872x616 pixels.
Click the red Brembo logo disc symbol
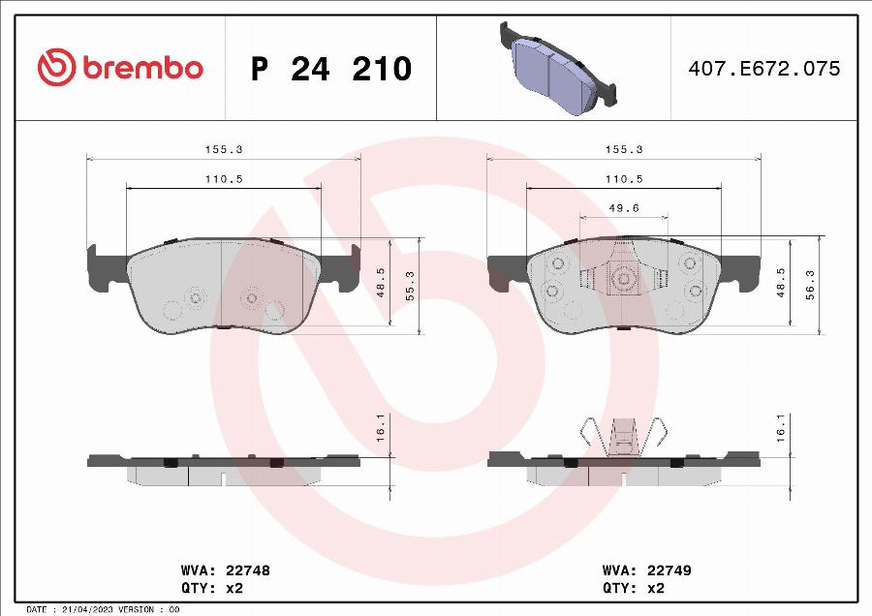pos(57,67)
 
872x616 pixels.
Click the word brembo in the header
pos(143,68)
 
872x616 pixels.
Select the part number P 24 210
pos(331,69)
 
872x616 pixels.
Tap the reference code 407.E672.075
pos(764,69)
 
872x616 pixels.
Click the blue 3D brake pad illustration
pos(558,69)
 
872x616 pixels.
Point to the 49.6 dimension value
pos(624,208)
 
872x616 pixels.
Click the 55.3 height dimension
pos(410,286)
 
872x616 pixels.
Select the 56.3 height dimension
pos(810,285)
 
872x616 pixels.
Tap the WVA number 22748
pos(247,570)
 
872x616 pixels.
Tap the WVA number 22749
pos(669,570)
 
